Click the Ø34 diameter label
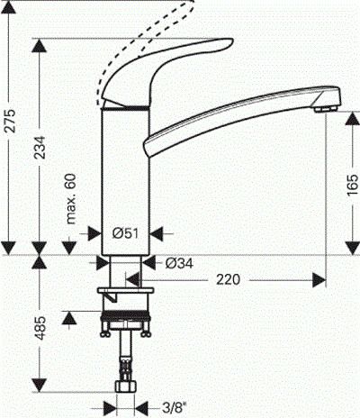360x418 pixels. point(180,264)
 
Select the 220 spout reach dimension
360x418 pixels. point(229,281)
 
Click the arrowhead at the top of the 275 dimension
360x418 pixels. point(10,7)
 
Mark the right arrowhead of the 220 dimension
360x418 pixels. point(319,280)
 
